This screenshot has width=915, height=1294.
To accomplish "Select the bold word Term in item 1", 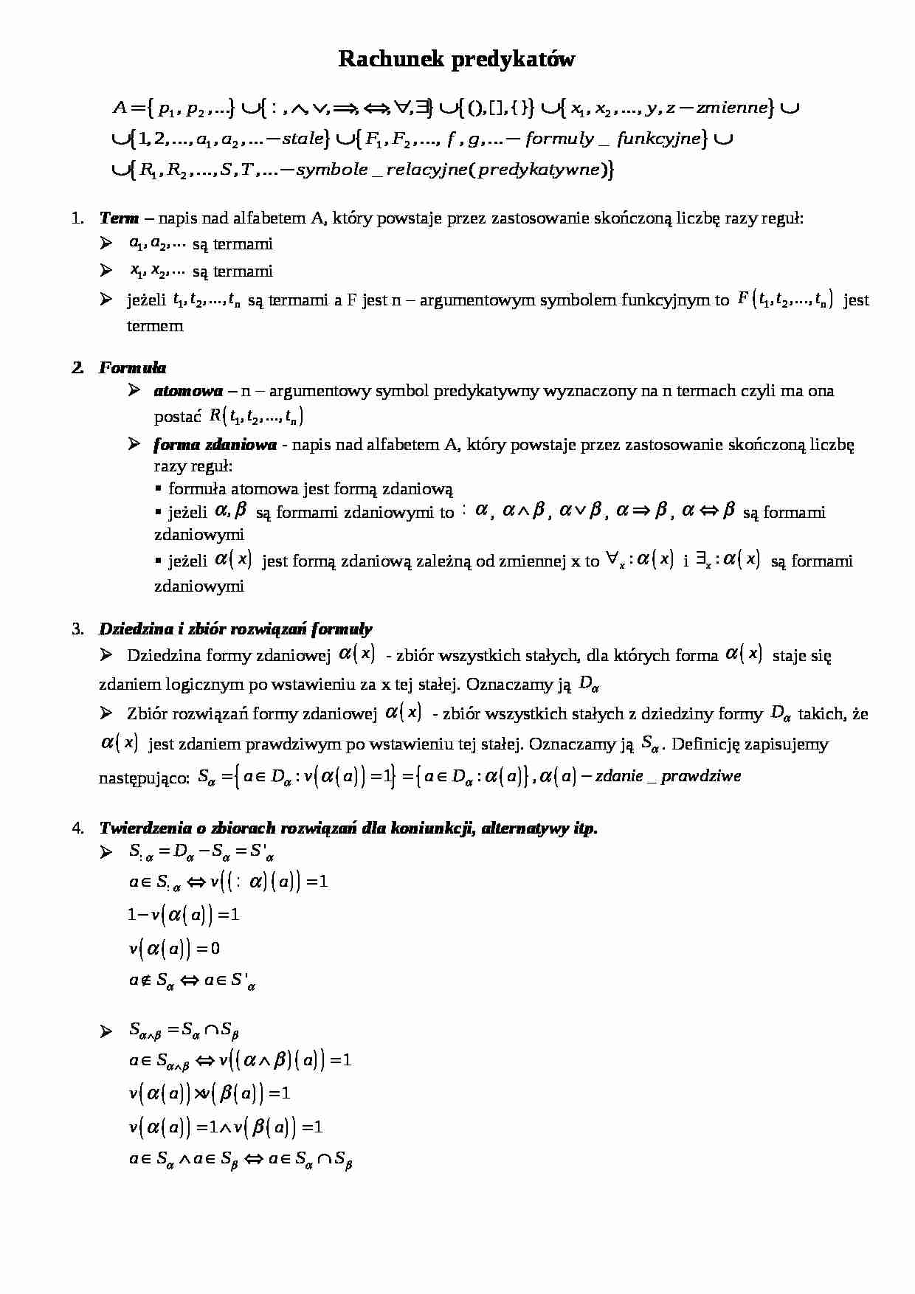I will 119,218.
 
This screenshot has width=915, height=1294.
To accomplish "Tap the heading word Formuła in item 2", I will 133,367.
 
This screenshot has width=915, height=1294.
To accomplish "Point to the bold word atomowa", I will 188,391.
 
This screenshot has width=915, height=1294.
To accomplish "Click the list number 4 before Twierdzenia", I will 77,828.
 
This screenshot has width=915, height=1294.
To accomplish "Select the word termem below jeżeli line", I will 155,326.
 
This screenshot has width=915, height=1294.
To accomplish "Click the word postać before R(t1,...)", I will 177,417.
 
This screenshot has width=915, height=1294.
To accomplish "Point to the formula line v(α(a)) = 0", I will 174,948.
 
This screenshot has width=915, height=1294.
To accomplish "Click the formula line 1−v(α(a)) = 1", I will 183,915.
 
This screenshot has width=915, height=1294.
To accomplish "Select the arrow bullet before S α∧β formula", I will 106,1031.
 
